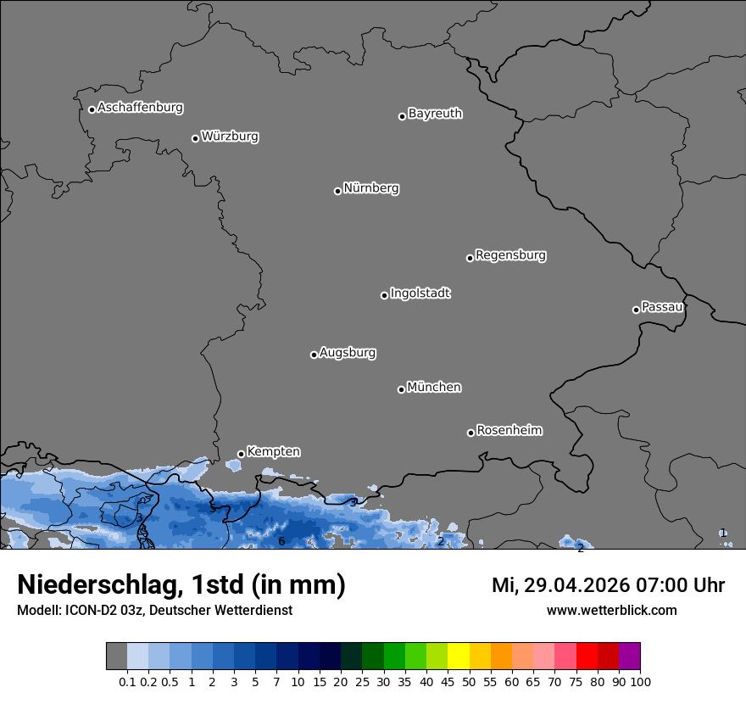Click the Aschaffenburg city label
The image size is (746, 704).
pyautogui.click(x=140, y=108)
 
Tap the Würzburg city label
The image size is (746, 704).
pyautogui.click(x=230, y=137)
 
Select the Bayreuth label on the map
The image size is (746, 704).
pyautogui.click(x=435, y=114)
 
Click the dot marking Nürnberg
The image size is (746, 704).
pyautogui.click(x=337, y=191)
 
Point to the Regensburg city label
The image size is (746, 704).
pyautogui.click(x=510, y=255)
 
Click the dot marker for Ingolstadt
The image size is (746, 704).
pyautogui.click(x=384, y=295)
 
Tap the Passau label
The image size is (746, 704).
pyautogui.click(x=662, y=307)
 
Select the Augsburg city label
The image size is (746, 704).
pyautogui.click(x=348, y=353)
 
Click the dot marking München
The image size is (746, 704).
pyautogui.click(x=401, y=389)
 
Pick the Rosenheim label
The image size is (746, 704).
pyautogui.click(x=509, y=431)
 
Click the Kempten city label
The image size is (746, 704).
pyautogui.click(x=273, y=452)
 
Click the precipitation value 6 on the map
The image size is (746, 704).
pyautogui.click(x=281, y=541)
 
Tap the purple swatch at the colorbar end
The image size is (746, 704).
pyautogui.click(x=630, y=656)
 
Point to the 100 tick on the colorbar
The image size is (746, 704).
pyautogui.click(x=640, y=681)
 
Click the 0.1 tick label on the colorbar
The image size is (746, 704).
pyautogui.click(x=127, y=681)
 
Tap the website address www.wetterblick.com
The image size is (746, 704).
pyautogui.click(x=611, y=611)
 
